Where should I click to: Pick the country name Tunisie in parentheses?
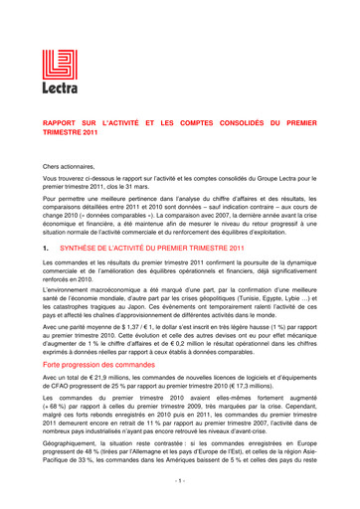[x=250, y=299]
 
